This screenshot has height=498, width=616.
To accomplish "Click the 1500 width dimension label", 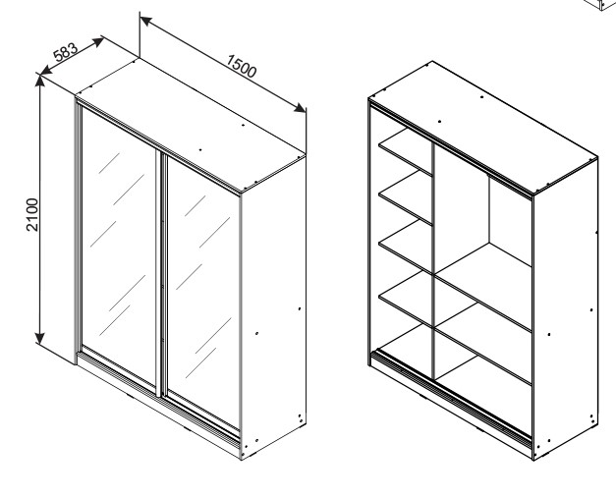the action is tap(242, 66).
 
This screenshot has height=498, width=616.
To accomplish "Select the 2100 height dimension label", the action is tap(32, 215).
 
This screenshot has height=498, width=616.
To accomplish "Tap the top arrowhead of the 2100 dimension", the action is tap(40, 81).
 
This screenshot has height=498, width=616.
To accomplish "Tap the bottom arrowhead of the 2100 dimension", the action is tap(39, 338).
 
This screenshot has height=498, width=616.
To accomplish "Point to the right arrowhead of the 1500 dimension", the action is tap(301, 108).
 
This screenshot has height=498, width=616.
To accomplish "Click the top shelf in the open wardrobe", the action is tap(406, 151).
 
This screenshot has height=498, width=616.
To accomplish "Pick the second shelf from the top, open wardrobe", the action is tap(406, 198).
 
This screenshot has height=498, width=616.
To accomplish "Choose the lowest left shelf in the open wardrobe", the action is tap(406, 300).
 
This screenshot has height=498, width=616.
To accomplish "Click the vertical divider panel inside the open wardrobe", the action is tap(433, 261).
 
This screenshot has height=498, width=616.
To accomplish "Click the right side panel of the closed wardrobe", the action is tap(273, 307).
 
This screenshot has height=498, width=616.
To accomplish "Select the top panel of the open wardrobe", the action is tap(483, 127).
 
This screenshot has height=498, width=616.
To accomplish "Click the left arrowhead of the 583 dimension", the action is tap(46, 71).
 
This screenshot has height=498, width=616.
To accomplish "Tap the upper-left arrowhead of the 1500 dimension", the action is tap(146, 21).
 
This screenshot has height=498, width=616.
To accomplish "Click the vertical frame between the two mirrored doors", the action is tap(160, 273).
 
